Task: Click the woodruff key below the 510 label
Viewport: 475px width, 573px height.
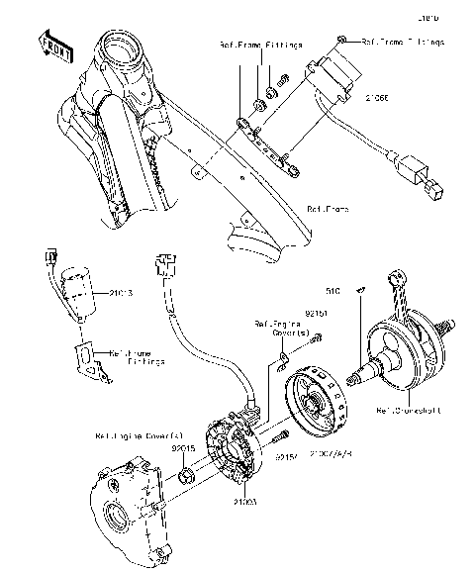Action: click(361, 290)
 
